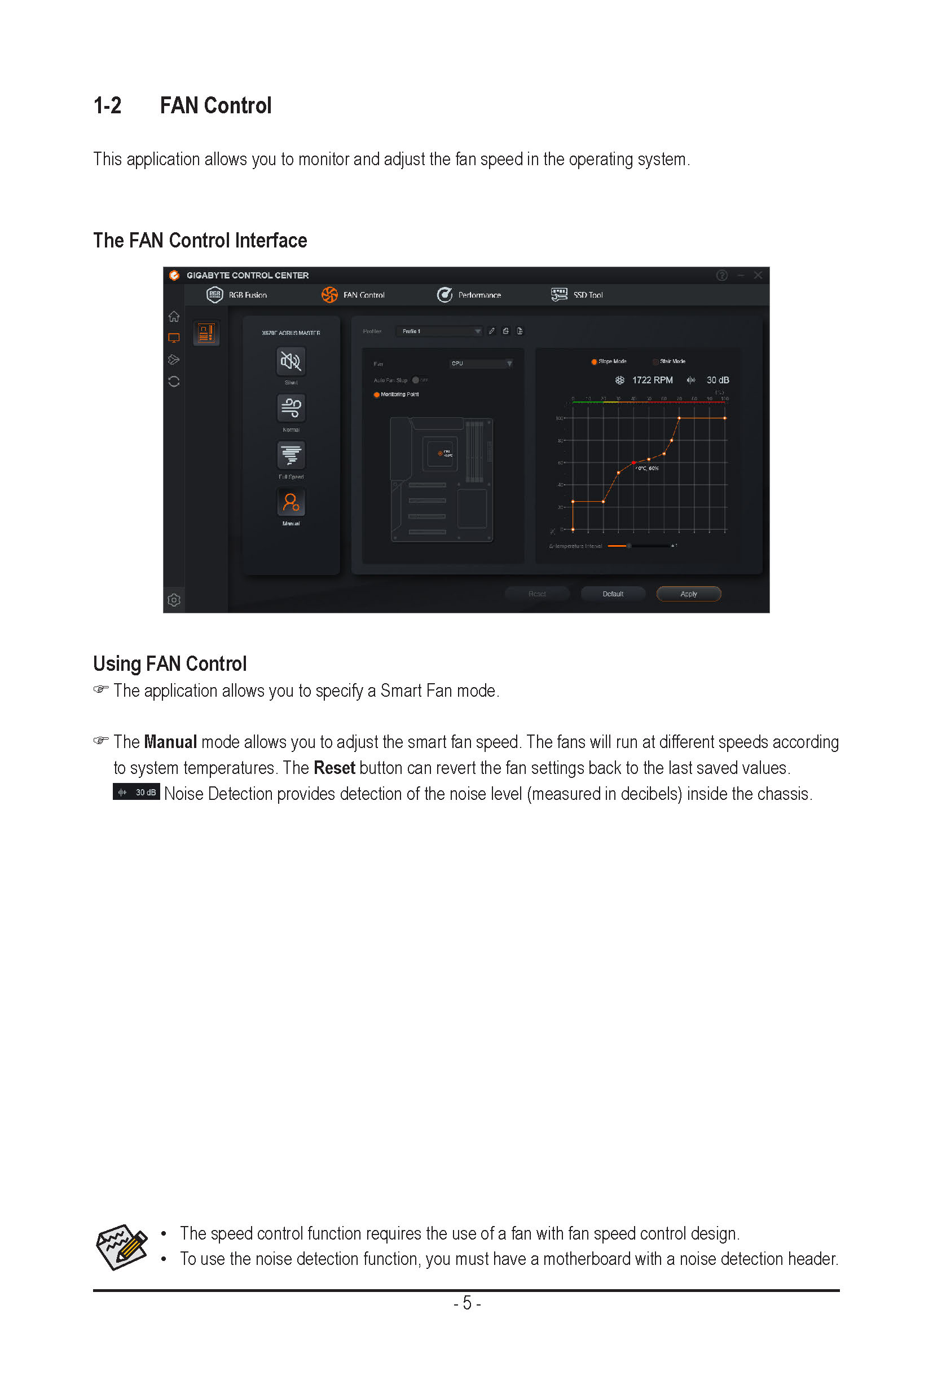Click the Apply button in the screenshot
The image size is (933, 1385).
click(688, 594)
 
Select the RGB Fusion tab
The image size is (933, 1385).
click(237, 295)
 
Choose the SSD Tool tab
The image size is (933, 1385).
click(577, 295)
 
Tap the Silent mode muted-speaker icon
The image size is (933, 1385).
click(291, 361)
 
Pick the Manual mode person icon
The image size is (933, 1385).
click(291, 502)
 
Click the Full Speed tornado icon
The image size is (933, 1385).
click(291, 455)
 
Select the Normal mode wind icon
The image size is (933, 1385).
click(291, 408)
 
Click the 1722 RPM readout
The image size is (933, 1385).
click(652, 380)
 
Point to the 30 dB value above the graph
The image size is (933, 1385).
click(718, 380)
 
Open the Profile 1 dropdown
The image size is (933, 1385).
click(439, 331)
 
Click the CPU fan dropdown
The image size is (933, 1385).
click(481, 364)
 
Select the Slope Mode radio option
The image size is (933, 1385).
click(595, 361)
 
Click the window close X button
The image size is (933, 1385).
click(758, 275)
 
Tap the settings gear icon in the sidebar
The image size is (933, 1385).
click(174, 600)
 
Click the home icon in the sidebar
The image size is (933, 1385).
click(174, 316)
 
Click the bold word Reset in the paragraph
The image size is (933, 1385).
click(334, 768)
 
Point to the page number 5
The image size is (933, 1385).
click(467, 1303)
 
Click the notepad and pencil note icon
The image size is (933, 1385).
click(122, 1246)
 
